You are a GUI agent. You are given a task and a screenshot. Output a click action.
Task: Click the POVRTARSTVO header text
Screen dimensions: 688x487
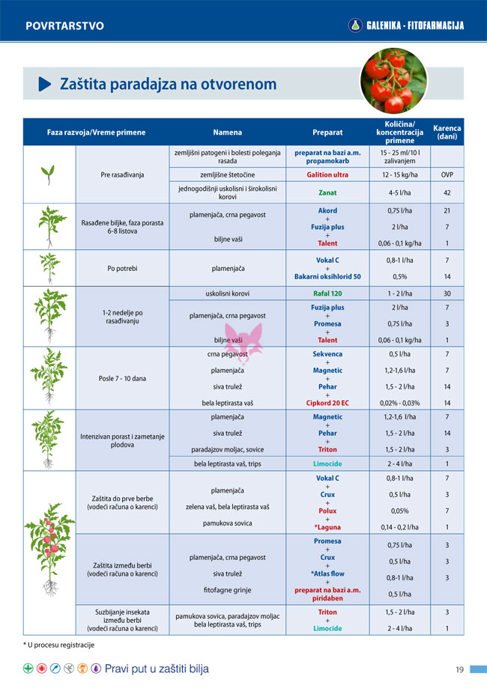point(64,26)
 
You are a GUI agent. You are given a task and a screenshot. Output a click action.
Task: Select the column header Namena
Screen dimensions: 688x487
point(227,133)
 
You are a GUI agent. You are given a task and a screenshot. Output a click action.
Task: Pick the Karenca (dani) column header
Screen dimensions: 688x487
point(447,133)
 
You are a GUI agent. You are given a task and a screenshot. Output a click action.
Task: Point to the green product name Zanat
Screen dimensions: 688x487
point(327,192)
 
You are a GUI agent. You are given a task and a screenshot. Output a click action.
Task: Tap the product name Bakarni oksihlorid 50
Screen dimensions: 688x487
point(327,276)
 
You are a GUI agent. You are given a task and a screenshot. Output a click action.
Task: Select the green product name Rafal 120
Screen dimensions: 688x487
point(327,293)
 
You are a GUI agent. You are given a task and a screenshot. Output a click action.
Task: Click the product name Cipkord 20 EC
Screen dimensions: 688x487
point(327,403)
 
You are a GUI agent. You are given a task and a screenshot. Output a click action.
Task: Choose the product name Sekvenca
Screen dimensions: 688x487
point(327,354)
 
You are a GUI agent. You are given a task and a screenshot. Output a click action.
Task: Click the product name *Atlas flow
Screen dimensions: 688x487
point(327,573)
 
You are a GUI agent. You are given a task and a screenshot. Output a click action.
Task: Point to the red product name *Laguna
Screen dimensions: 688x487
point(327,527)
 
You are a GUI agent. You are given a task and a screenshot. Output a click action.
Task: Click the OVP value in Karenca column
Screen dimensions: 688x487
point(447,174)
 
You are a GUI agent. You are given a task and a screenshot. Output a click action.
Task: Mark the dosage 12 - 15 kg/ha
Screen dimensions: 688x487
point(398,174)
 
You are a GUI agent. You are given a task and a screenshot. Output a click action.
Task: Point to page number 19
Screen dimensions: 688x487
point(460,669)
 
